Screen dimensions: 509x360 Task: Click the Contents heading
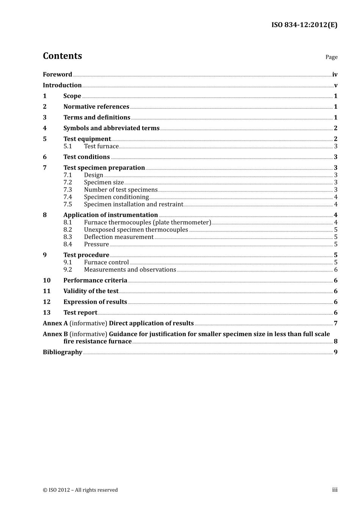[x=62, y=56]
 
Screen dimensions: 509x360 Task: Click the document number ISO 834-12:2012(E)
[x=304, y=25]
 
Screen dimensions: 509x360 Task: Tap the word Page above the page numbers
[x=331, y=57]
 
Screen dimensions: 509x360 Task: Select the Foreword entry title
[x=57, y=75]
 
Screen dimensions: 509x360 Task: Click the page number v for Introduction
[x=335, y=86]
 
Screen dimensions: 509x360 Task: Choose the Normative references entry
[x=96, y=107]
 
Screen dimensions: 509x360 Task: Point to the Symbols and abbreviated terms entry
[x=111, y=128]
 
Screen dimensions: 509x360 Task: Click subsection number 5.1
[x=67, y=147]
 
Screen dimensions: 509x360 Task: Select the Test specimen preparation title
[x=104, y=168]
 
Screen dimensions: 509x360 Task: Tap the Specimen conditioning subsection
[x=116, y=197]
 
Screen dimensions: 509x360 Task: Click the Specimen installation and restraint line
[x=133, y=205]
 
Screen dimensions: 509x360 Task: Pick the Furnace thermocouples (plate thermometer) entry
[x=147, y=223]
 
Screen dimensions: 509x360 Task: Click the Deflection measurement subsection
[x=119, y=237]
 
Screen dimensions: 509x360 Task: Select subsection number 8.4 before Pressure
[x=67, y=244]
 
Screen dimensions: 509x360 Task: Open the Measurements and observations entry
[x=130, y=270]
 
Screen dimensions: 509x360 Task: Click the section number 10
[x=47, y=281]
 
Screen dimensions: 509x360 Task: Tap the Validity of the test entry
[x=91, y=291]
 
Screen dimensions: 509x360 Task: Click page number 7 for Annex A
[x=335, y=323]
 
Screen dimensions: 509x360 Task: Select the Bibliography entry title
[x=63, y=352]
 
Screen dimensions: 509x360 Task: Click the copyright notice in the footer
[x=80, y=490]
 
